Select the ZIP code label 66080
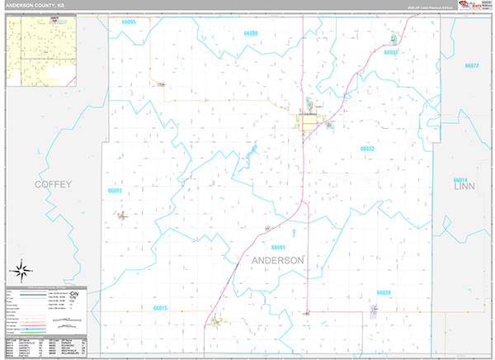(x=252, y=34)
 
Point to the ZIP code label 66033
(x=390, y=52)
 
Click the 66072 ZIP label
(x=471, y=65)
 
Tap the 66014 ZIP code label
(x=460, y=180)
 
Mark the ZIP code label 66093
(x=114, y=191)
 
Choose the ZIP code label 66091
(x=277, y=247)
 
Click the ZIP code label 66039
(x=384, y=292)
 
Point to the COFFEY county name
(x=53, y=184)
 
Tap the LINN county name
(x=465, y=188)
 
